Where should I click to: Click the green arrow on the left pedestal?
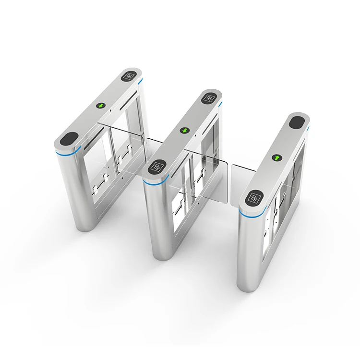pyautogui.click(x=101, y=105)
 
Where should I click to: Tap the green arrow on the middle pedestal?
pyautogui.click(x=185, y=130)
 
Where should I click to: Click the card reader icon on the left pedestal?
pyautogui.click(x=130, y=76)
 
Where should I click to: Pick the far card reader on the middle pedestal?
pyautogui.click(x=210, y=98)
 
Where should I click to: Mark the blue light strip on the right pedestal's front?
pyautogui.click(x=249, y=214)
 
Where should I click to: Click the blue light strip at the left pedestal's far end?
pyautogui.click(x=140, y=83)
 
